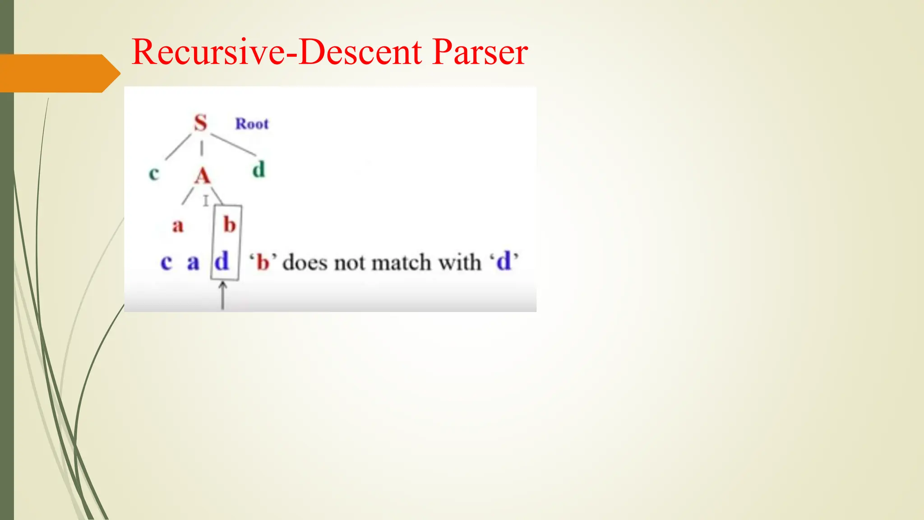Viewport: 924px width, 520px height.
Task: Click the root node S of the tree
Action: [x=201, y=123]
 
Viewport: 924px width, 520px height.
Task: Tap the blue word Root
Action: [x=252, y=124]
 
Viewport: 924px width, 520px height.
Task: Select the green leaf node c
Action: [x=154, y=173]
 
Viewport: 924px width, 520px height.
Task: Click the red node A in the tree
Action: [x=203, y=176]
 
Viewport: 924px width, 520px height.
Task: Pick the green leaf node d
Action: [x=259, y=170]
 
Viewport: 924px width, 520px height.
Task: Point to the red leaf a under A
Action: [x=178, y=225]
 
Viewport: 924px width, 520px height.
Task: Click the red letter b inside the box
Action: [x=230, y=224]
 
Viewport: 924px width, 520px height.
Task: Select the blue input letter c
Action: [x=166, y=262]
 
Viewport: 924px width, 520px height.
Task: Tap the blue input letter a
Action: [x=193, y=262]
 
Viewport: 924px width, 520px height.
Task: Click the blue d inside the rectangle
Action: [x=222, y=261]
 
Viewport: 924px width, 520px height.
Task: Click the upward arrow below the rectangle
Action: [x=222, y=296]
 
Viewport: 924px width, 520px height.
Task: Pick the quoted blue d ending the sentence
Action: [x=504, y=261]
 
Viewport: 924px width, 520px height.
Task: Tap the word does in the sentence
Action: [x=305, y=262]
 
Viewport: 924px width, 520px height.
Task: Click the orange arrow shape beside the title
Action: [x=59, y=73]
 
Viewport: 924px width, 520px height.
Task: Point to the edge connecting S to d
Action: [x=233, y=144]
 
